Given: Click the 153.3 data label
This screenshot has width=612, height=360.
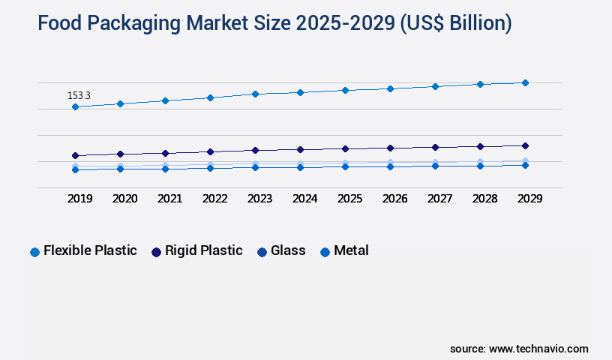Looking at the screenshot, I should pyautogui.click(x=79, y=96).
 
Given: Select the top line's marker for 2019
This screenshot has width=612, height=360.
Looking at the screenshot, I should pyautogui.click(x=75, y=107).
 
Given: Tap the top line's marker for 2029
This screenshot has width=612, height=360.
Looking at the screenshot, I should pyautogui.click(x=525, y=82).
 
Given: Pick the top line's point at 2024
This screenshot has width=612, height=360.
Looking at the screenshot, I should pyautogui.click(x=300, y=92).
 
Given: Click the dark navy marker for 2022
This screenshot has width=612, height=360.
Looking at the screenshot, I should pyautogui.click(x=210, y=151).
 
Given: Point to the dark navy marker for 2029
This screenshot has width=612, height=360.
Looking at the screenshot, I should pyautogui.click(x=525, y=145).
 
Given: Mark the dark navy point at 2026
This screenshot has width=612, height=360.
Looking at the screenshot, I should pyautogui.click(x=390, y=148).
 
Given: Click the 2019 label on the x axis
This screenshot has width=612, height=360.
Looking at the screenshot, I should pyautogui.click(x=80, y=199).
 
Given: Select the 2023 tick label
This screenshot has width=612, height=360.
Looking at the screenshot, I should pyautogui.click(x=260, y=199).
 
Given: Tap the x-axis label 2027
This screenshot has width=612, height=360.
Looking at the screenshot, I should pyautogui.click(x=440, y=199).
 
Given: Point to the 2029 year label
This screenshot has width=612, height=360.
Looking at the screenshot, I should pyautogui.click(x=529, y=199).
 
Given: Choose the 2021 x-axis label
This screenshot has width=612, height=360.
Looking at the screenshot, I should pyautogui.click(x=170, y=199).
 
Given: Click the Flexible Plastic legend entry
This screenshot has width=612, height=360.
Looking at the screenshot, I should pyautogui.click(x=90, y=250).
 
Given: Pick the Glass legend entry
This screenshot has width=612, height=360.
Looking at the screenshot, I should pyautogui.click(x=288, y=250).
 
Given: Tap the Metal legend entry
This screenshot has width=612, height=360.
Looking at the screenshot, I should pyautogui.click(x=351, y=250).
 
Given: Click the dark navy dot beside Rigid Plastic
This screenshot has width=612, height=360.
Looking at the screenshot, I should pyautogui.click(x=156, y=252).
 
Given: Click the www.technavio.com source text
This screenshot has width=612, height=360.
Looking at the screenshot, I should pyautogui.click(x=538, y=349).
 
